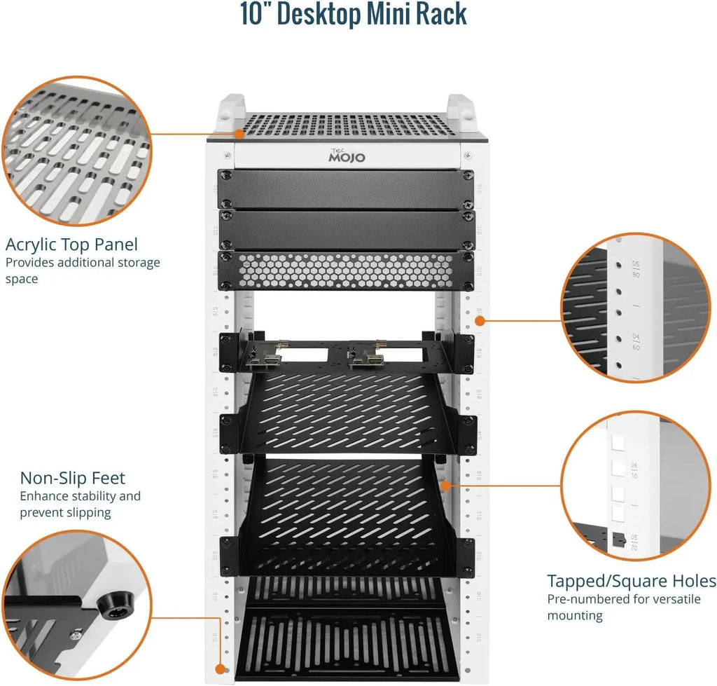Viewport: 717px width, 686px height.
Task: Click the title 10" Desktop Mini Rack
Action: tap(354, 14)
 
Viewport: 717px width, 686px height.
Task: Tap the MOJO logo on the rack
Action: tap(347, 156)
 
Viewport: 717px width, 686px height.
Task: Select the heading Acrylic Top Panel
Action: tap(71, 245)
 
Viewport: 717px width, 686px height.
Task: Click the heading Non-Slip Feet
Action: tap(73, 478)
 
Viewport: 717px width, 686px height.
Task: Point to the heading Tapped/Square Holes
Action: tap(631, 581)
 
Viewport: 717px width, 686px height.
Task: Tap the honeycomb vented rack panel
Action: tap(346, 270)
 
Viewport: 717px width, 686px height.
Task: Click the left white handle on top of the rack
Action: tap(230, 109)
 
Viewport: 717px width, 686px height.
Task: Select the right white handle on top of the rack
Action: tap(460, 109)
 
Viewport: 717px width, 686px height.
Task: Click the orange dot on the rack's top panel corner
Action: tap(238, 133)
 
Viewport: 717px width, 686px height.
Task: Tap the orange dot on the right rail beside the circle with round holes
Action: tap(480, 320)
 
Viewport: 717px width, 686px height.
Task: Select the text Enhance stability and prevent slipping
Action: tap(80, 504)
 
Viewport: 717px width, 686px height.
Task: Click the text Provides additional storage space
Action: tap(82, 270)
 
